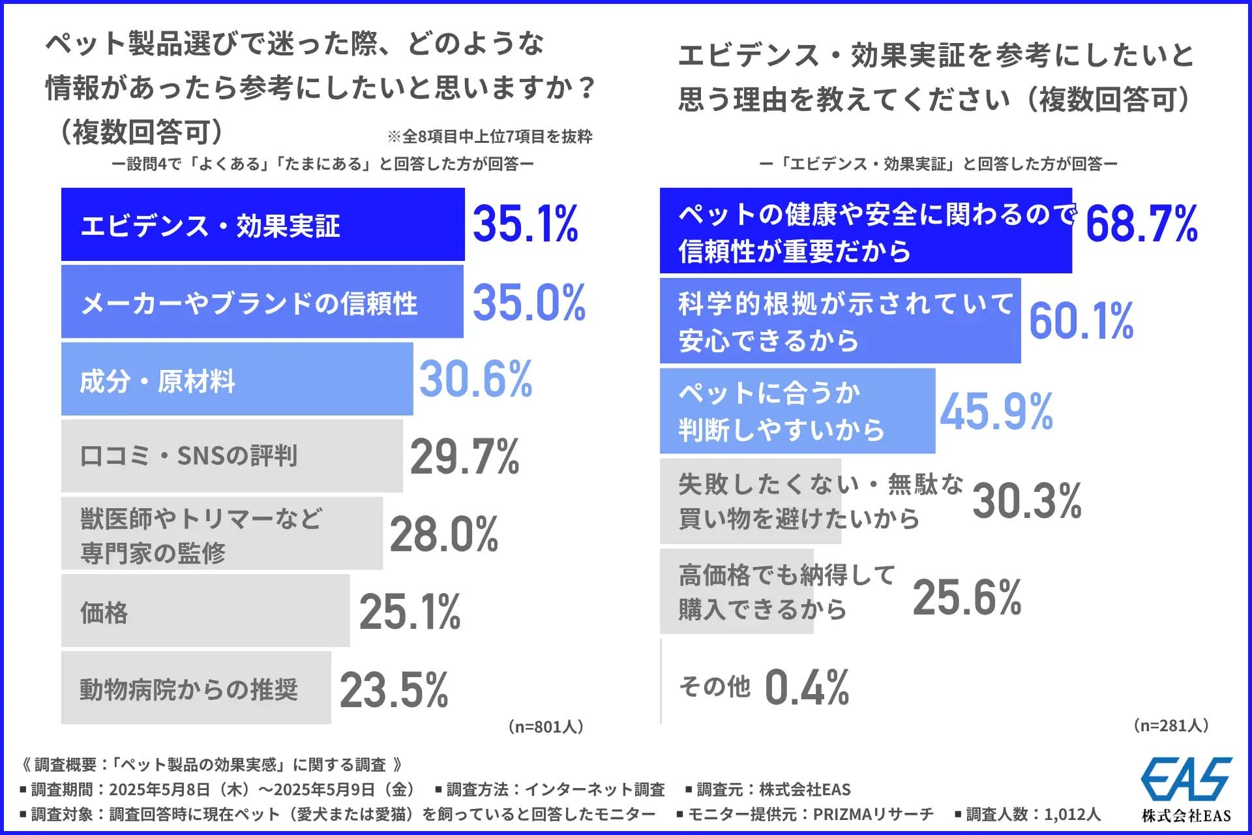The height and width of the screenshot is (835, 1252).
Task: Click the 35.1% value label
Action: pos(525,224)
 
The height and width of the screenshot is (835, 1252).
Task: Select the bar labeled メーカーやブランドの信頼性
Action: pos(262,302)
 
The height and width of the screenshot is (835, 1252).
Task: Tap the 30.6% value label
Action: pos(475,379)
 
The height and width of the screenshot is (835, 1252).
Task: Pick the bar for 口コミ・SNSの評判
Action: pos(231,456)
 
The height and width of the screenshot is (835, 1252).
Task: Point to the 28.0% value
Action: pos(444,534)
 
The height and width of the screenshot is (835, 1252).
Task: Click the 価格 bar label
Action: pos(104,613)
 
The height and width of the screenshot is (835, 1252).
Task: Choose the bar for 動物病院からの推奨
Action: pos(196,689)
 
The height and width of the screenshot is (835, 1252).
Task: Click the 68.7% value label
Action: pos(1141,224)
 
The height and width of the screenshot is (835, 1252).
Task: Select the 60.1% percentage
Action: pos(1081,321)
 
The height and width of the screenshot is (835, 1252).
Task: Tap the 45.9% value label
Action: pos(996,412)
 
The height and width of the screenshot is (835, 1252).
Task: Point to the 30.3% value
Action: pos(1026,501)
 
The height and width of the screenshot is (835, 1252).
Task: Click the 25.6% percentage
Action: pos(966,598)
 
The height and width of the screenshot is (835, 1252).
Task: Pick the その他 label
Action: pos(715,687)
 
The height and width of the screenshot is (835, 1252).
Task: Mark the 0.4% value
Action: pos(807,688)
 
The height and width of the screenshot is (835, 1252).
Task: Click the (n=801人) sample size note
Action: pos(545,727)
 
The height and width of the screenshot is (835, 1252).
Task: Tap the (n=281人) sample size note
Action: pos(1171,725)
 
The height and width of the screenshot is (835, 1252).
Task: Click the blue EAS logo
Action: pos(1186,779)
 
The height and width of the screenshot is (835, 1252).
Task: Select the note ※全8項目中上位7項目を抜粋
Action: pos(490,136)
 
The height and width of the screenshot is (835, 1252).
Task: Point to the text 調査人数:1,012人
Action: pos(1033,814)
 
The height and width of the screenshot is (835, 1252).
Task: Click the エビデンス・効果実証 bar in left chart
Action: pos(262,225)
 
